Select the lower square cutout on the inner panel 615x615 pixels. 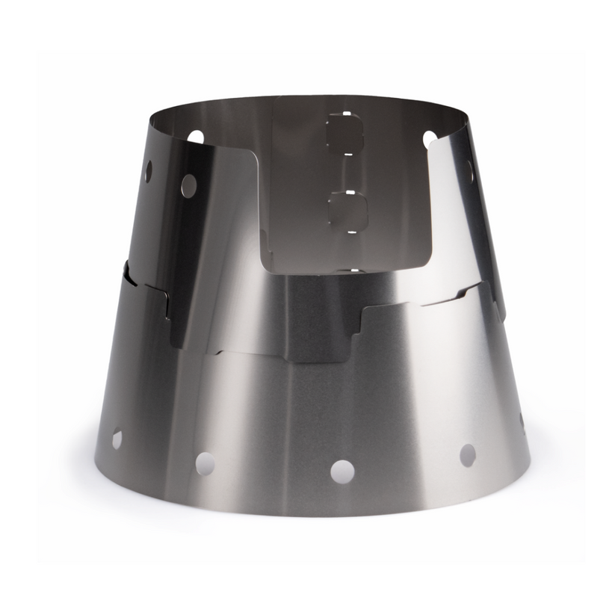pos(347,210)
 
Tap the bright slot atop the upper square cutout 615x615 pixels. pos(346,114)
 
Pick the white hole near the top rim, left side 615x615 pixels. pos(196,137)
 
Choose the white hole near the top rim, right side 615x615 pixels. pos(430,139)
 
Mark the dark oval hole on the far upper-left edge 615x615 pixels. pos(148,171)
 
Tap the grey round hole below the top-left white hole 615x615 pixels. pos(189,185)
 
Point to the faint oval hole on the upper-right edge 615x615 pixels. pos(470,170)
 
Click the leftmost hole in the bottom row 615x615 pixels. pos(117,439)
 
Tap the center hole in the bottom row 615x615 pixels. pos(342,472)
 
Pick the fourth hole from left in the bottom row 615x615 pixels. pos(467,454)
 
